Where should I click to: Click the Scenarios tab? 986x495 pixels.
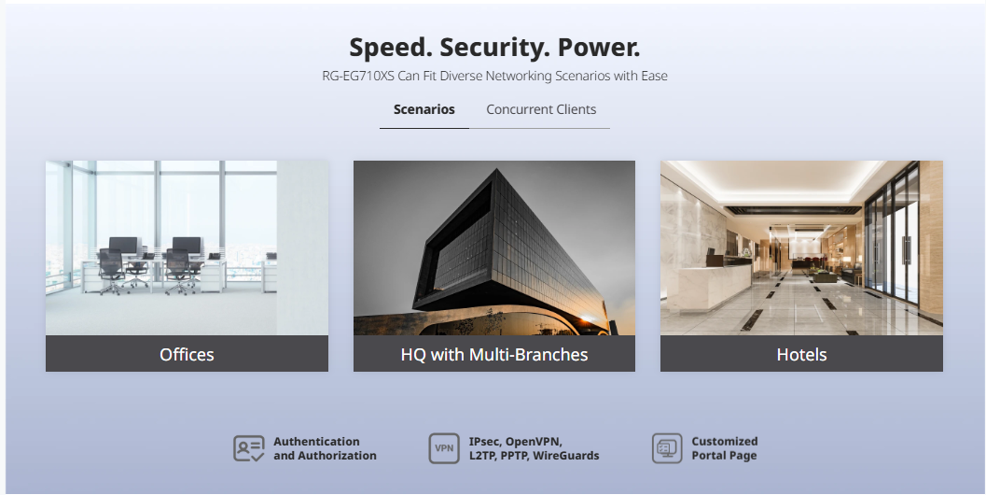[x=424, y=109]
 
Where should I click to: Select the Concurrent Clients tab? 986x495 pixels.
[x=541, y=109]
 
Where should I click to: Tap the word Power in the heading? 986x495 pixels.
[x=599, y=48]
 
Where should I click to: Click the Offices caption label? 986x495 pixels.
[x=187, y=355]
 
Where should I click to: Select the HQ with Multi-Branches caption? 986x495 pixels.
[x=494, y=355]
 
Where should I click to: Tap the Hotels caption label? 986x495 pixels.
[x=801, y=355]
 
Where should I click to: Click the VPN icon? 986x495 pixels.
[x=444, y=448]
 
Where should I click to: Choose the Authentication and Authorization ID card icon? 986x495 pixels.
[x=249, y=448]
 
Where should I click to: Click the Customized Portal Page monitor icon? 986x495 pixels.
[x=667, y=448]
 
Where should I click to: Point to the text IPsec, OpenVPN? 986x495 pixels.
[x=516, y=442]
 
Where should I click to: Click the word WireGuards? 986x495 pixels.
[x=566, y=456]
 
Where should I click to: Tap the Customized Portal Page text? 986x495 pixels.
[x=725, y=448]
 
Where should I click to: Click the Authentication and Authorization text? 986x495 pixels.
[x=326, y=448]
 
